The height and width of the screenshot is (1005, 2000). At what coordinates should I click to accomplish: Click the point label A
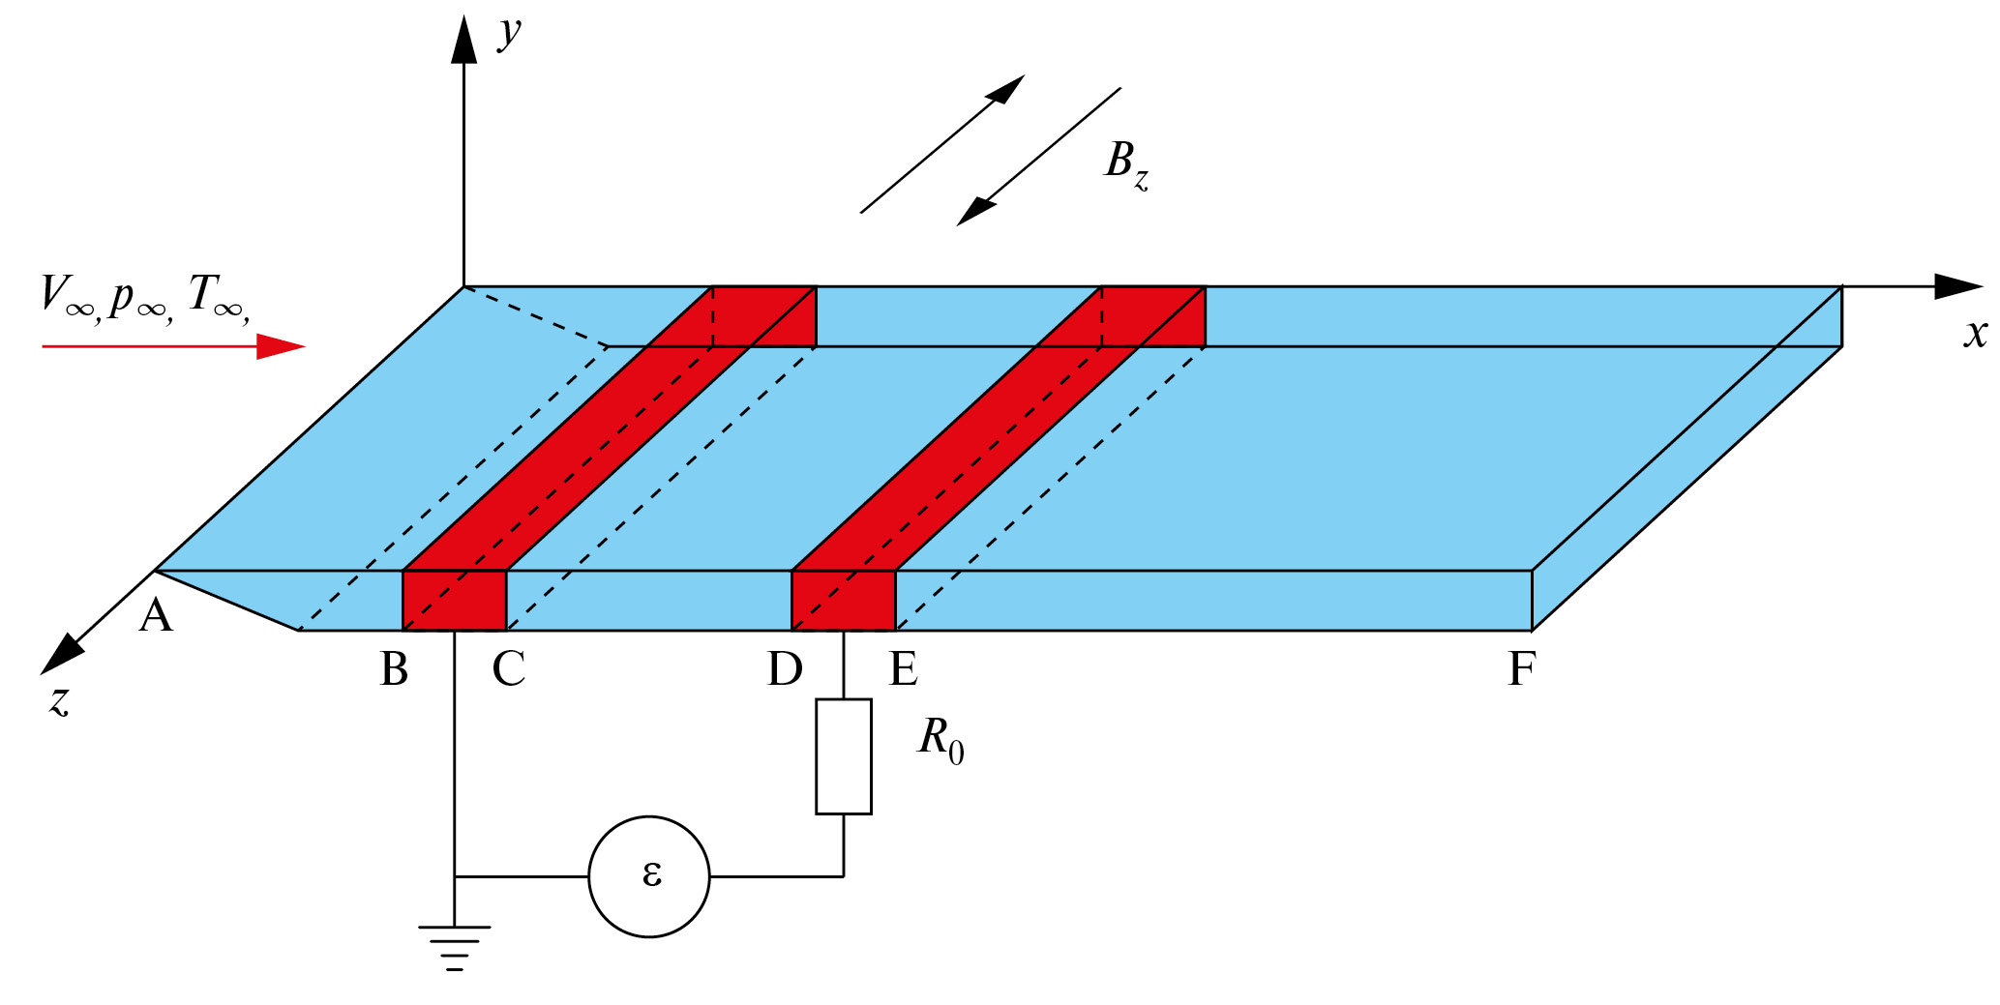point(156,616)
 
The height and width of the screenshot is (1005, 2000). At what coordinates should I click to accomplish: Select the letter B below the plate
point(394,669)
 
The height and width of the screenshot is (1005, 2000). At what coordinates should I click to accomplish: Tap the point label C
point(509,669)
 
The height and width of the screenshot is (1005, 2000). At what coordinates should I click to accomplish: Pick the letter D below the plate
point(785,669)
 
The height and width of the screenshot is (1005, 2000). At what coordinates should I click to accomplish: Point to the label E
point(903,669)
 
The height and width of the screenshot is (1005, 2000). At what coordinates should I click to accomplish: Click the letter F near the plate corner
point(1521,669)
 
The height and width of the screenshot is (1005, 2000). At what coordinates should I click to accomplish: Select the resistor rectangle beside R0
point(844,756)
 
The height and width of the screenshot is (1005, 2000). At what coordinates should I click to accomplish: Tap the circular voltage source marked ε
point(649,876)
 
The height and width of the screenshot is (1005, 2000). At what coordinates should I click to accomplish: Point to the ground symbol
point(454,946)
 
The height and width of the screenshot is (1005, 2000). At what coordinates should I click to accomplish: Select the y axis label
point(509,31)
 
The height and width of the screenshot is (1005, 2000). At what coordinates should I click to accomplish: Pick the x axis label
point(1975,334)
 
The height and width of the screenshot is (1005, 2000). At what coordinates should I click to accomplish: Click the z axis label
point(60,699)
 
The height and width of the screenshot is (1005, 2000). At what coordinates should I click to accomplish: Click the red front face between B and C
point(455,601)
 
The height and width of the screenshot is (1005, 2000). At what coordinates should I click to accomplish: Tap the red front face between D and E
point(844,601)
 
